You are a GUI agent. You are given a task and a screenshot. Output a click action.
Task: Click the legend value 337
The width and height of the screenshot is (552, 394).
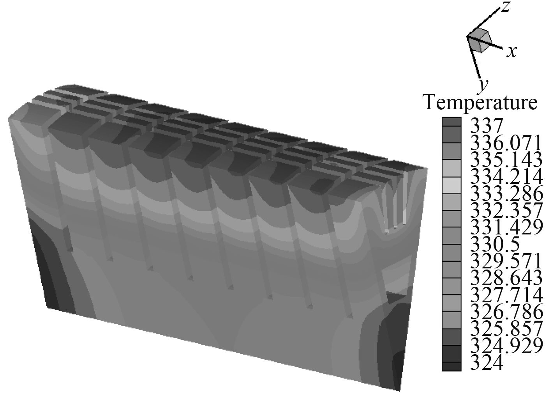click(x=486, y=126)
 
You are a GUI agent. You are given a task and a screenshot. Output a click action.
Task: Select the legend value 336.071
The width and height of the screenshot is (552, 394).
click(x=506, y=143)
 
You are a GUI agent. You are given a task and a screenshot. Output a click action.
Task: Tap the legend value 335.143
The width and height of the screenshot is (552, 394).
click(x=506, y=160)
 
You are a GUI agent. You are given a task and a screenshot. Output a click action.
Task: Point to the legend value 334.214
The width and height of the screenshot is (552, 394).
click(x=506, y=177)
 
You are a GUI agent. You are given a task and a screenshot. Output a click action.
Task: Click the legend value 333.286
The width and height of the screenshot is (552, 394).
click(x=506, y=193)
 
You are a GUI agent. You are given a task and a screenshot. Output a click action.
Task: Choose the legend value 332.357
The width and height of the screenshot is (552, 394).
click(x=506, y=210)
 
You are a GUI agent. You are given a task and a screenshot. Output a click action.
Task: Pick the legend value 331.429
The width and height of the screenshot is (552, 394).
click(x=506, y=227)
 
